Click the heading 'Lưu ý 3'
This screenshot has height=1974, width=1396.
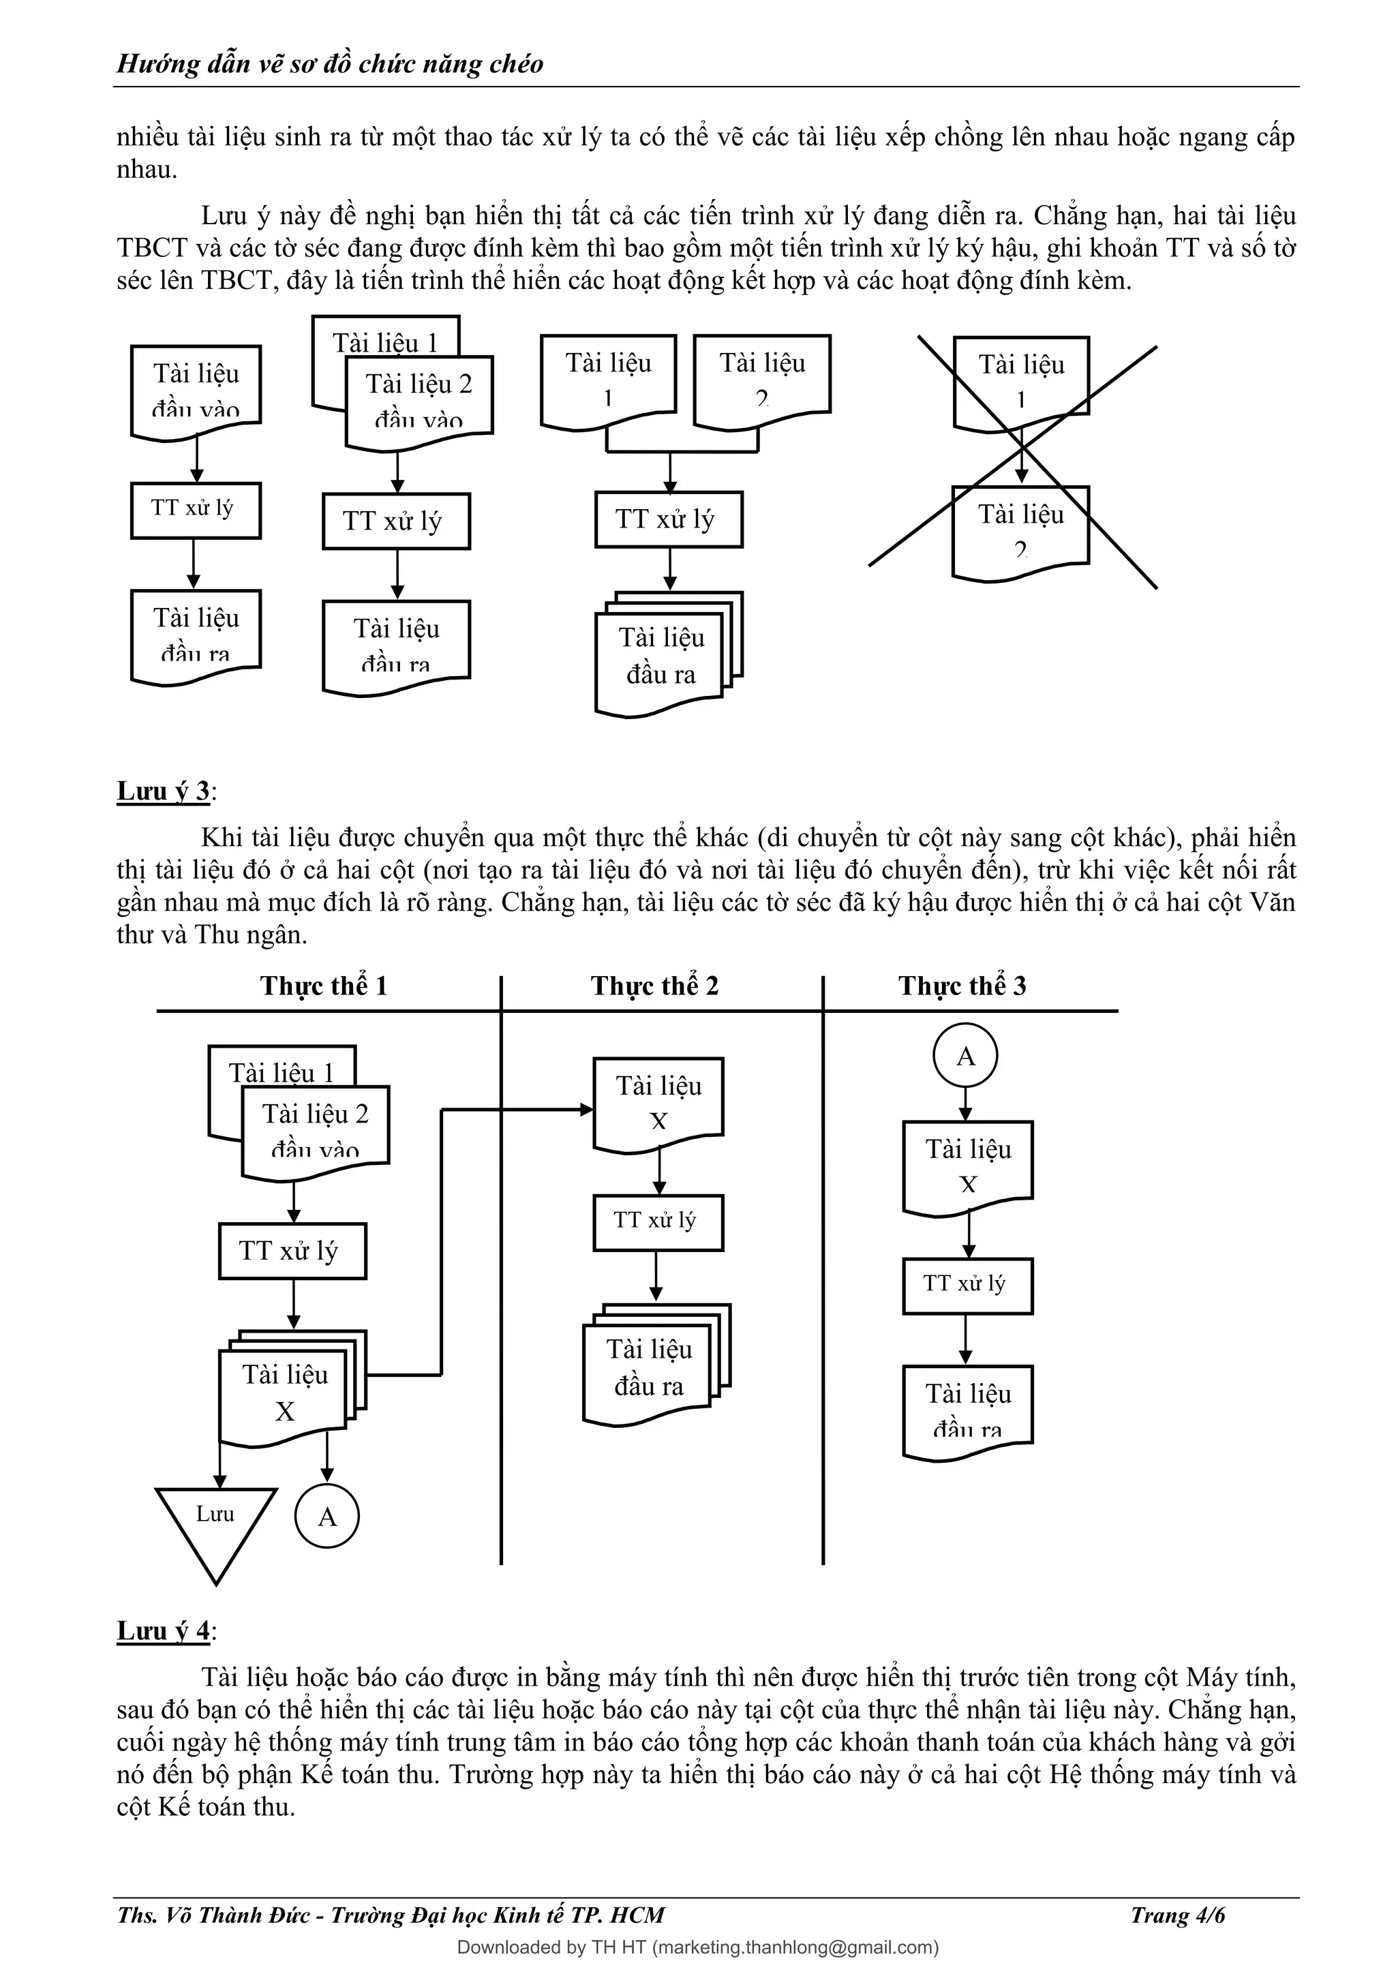click(x=164, y=791)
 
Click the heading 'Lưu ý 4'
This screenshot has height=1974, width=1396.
click(x=164, y=1631)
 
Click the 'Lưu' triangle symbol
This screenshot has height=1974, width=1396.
click(x=216, y=1523)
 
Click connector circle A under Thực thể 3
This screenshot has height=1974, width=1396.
click(x=965, y=1056)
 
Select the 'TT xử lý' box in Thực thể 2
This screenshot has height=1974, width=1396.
click(x=658, y=1221)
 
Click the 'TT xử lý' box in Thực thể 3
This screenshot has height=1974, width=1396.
click(x=967, y=1286)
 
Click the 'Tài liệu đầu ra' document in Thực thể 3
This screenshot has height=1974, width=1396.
click(x=967, y=1408)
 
